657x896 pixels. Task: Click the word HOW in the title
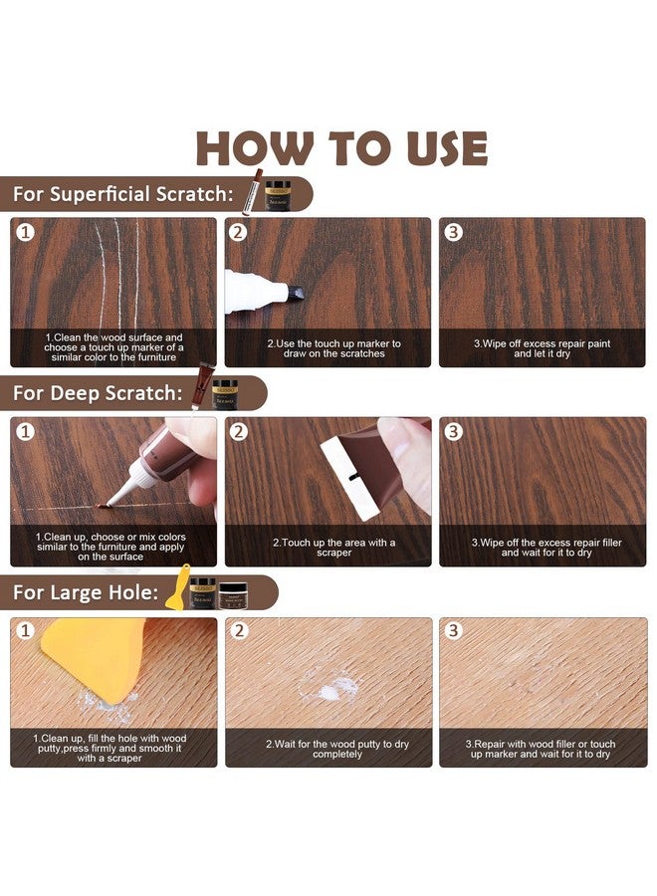[x=255, y=148]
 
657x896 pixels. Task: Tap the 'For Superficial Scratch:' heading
[x=123, y=194]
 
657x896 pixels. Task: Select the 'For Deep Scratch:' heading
[x=98, y=393]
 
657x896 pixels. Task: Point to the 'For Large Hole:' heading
[x=86, y=592]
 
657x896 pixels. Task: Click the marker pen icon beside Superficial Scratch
[x=252, y=192]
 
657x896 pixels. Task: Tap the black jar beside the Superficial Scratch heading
[x=278, y=195]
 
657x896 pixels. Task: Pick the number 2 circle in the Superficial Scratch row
[x=239, y=232]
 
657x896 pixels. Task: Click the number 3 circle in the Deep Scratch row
[x=454, y=431]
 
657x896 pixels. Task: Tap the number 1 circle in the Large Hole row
[x=25, y=631]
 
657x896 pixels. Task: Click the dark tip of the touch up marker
[x=296, y=293]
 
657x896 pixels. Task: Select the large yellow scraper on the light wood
[x=97, y=657]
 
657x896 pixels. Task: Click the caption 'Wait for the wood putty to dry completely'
[x=337, y=749]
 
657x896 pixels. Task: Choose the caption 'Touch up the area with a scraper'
[x=333, y=548]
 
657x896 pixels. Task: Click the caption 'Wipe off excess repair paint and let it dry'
[x=542, y=348]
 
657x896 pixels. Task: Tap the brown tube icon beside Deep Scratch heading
[x=202, y=385]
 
